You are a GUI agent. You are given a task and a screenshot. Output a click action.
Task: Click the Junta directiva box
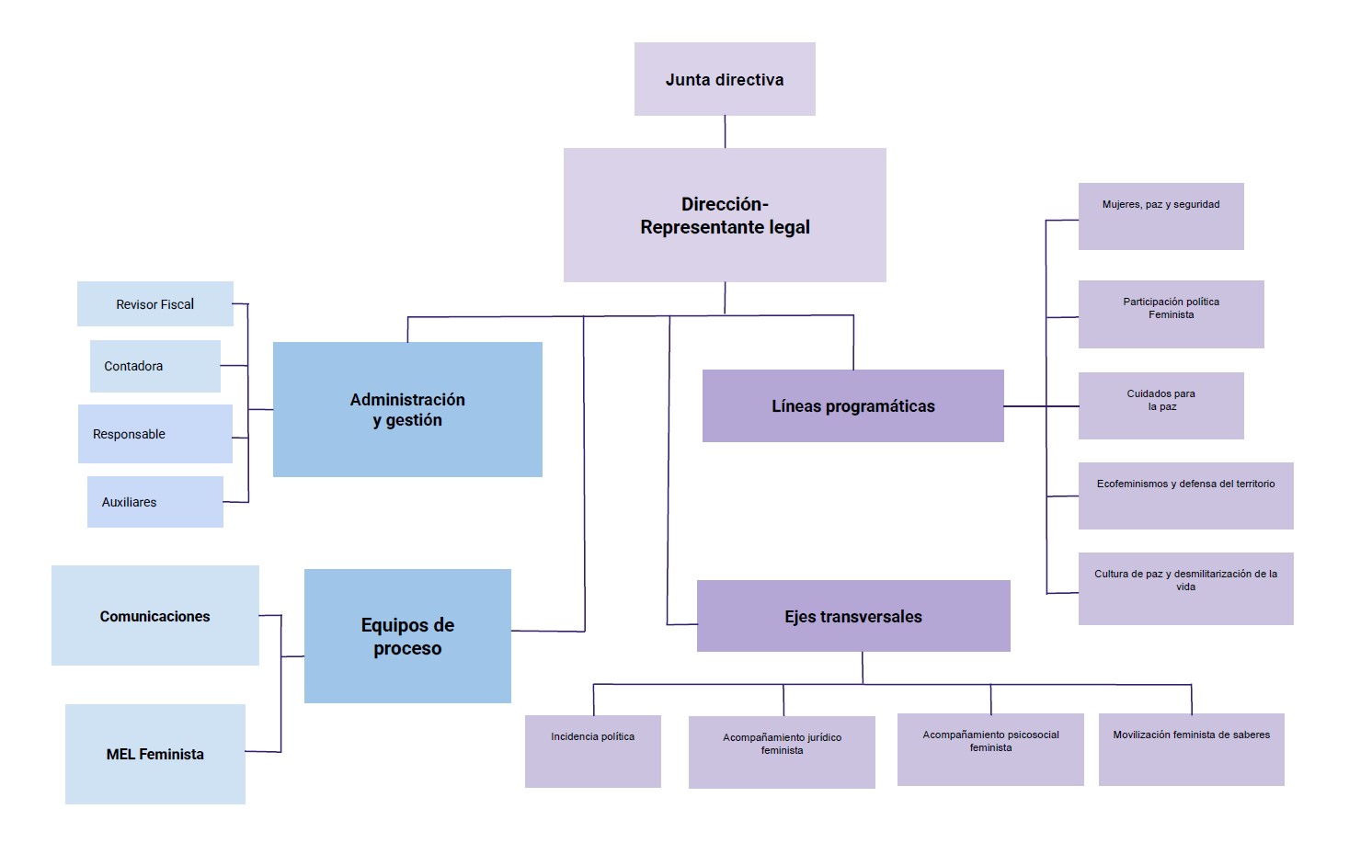coord(725,79)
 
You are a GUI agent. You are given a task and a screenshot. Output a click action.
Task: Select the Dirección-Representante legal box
coord(725,215)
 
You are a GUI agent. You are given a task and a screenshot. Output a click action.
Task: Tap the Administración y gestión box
coord(407,410)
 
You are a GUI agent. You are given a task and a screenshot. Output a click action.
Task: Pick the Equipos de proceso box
coord(407,636)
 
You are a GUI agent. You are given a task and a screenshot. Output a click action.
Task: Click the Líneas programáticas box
coord(852,406)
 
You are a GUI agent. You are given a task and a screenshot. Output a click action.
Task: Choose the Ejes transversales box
coord(852,616)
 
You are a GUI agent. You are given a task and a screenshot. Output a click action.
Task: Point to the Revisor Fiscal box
coord(154,304)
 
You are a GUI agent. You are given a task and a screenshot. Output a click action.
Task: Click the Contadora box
coord(154,366)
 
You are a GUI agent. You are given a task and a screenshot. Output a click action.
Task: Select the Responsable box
coord(154,434)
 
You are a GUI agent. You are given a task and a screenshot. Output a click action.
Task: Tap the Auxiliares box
coord(154,502)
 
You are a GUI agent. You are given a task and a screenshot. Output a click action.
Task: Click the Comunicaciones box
coord(154,616)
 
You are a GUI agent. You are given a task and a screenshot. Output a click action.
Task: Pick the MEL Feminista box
coord(154,754)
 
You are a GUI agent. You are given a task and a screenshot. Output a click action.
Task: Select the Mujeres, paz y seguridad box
coord(1160,217)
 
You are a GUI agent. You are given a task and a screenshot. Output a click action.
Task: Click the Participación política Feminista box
coord(1171,314)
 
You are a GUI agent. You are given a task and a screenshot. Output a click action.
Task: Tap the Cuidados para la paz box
coord(1160,405)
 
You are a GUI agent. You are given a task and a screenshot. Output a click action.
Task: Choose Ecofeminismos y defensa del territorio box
coord(1185,496)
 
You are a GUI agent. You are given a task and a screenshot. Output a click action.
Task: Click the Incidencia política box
coord(592,751)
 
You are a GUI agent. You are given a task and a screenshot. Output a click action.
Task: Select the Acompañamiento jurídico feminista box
coord(782,752)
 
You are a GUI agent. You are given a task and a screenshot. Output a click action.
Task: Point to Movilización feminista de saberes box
coord(1191,749)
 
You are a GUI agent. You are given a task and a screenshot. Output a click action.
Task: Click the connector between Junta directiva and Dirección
coord(725,131)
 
